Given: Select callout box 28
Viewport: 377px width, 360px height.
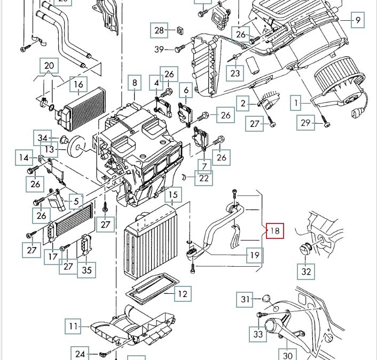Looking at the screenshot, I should tap(160, 30).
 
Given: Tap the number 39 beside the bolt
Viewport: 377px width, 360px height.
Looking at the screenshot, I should tap(160, 50).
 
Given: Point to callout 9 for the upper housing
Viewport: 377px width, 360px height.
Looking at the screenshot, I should tap(357, 21).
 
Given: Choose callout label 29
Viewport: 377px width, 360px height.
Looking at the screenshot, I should tap(305, 123).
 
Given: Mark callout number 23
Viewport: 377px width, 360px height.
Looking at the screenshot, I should tap(235, 73).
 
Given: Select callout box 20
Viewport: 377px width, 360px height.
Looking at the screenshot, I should tap(49, 66).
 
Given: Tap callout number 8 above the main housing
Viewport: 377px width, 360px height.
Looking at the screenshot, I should tap(135, 83).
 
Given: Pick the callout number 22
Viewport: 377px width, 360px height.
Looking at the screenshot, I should tap(204, 178).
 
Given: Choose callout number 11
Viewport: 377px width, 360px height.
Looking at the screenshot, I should tap(73, 325).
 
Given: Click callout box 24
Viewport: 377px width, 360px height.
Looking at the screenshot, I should tap(81, 353).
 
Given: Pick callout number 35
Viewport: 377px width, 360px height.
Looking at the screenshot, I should tap(87, 270).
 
